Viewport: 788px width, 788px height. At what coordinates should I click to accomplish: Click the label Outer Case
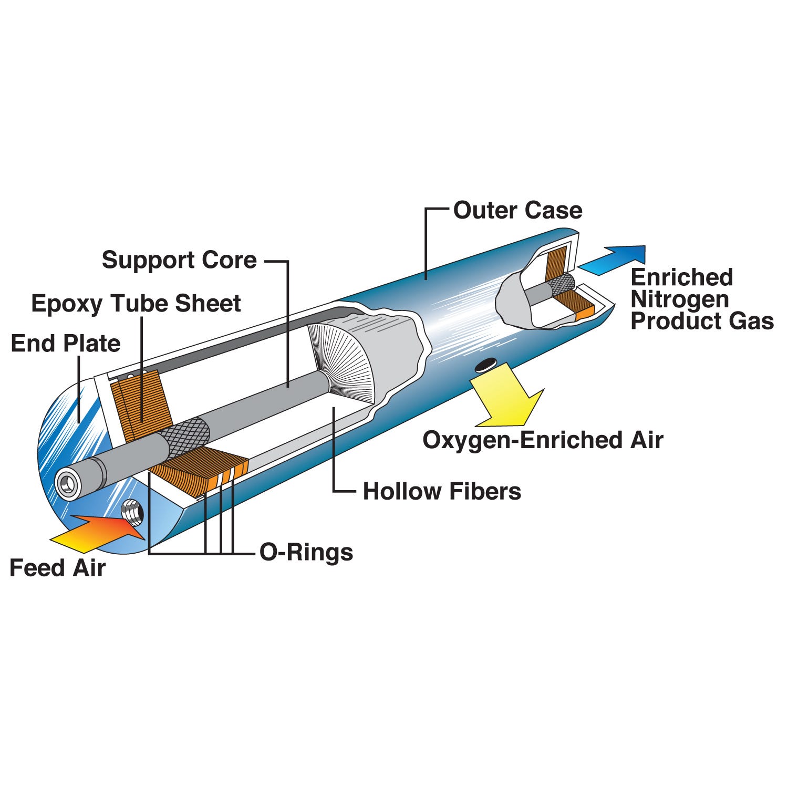[517, 211]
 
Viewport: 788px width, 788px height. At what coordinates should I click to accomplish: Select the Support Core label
[179, 260]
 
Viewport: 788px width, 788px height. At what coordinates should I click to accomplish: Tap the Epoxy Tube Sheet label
[136, 304]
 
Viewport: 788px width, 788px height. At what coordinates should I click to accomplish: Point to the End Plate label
[66, 344]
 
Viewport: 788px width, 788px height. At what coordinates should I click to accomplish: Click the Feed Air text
[58, 568]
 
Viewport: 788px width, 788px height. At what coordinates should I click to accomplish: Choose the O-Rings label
[306, 553]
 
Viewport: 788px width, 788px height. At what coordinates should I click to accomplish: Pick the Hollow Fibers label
[442, 492]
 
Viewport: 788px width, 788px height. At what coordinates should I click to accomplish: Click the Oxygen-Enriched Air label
[543, 440]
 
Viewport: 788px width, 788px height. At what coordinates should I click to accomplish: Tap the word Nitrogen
[680, 299]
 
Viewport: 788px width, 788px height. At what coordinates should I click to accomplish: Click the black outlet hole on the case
[485, 365]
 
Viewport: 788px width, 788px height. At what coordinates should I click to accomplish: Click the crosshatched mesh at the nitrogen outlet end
[561, 286]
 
